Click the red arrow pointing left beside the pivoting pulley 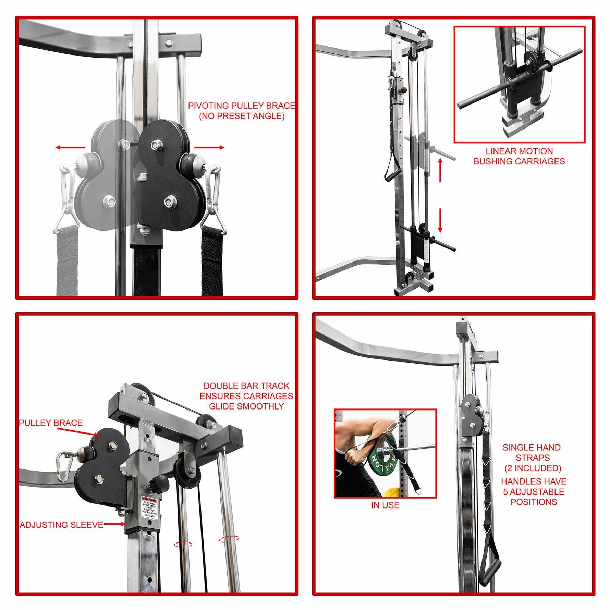(70, 148)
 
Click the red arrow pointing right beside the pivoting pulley (209, 148)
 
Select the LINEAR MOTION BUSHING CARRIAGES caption (519, 156)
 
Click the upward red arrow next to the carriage (440, 170)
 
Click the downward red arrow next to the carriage (440, 220)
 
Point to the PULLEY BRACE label (51, 423)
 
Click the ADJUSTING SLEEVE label (61, 525)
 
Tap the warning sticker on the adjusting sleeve (149, 508)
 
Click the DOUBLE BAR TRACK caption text (246, 396)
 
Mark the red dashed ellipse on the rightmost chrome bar (229, 539)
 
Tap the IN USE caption (385, 505)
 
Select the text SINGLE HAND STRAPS (532, 453)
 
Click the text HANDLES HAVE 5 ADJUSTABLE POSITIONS (534, 491)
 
